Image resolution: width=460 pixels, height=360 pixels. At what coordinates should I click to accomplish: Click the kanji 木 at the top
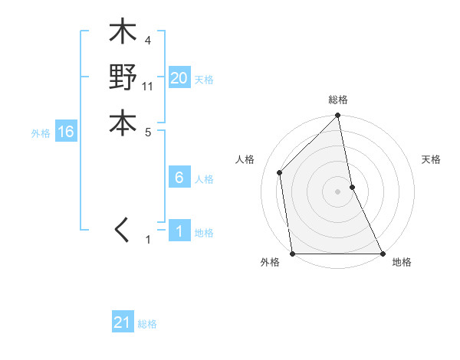click(x=123, y=34)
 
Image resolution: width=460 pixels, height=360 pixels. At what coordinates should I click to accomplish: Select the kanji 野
click(x=123, y=78)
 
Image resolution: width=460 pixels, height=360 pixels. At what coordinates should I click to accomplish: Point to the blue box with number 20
click(x=179, y=78)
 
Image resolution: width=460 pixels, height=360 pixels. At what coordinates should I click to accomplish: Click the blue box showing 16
click(x=66, y=133)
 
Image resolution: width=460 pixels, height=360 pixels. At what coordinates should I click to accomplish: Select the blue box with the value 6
click(x=179, y=178)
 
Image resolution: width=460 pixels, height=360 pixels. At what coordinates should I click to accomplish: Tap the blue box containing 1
click(x=179, y=231)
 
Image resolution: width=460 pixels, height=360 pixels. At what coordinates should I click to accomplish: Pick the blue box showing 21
click(x=123, y=322)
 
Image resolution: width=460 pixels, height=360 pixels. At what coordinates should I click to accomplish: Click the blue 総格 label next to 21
click(x=147, y=324)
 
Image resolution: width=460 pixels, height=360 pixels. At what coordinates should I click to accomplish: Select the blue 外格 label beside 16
click(x=41, y=133)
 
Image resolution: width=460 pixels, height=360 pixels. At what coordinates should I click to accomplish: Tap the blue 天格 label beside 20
click(x=204, y=80)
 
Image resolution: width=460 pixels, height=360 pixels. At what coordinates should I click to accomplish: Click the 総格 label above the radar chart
click(x=338, y=100)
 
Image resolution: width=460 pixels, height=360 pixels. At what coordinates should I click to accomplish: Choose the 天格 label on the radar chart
click(x=432, y=159)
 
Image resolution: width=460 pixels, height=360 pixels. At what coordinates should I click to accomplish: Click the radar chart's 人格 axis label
click(x=245, y=159)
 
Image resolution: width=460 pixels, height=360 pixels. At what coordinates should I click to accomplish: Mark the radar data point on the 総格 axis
click(x=338, y=116)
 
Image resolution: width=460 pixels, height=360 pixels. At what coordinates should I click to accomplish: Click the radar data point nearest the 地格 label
click(x=382, y=254)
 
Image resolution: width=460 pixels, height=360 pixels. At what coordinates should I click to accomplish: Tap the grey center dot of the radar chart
click(x=338, y=191)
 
